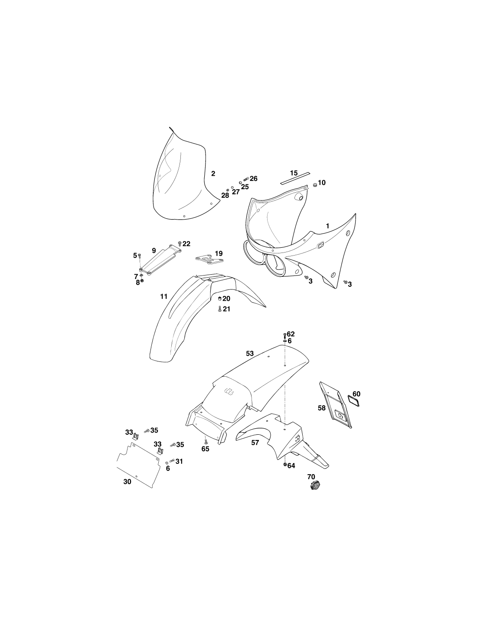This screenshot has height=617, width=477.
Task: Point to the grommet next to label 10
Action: pyautogui.click(x=314, y=185)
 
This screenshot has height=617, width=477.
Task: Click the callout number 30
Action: pyautogui.click(x=127, y=482)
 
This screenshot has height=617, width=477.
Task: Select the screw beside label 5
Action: pyautogui.click(x=140, y=256)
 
